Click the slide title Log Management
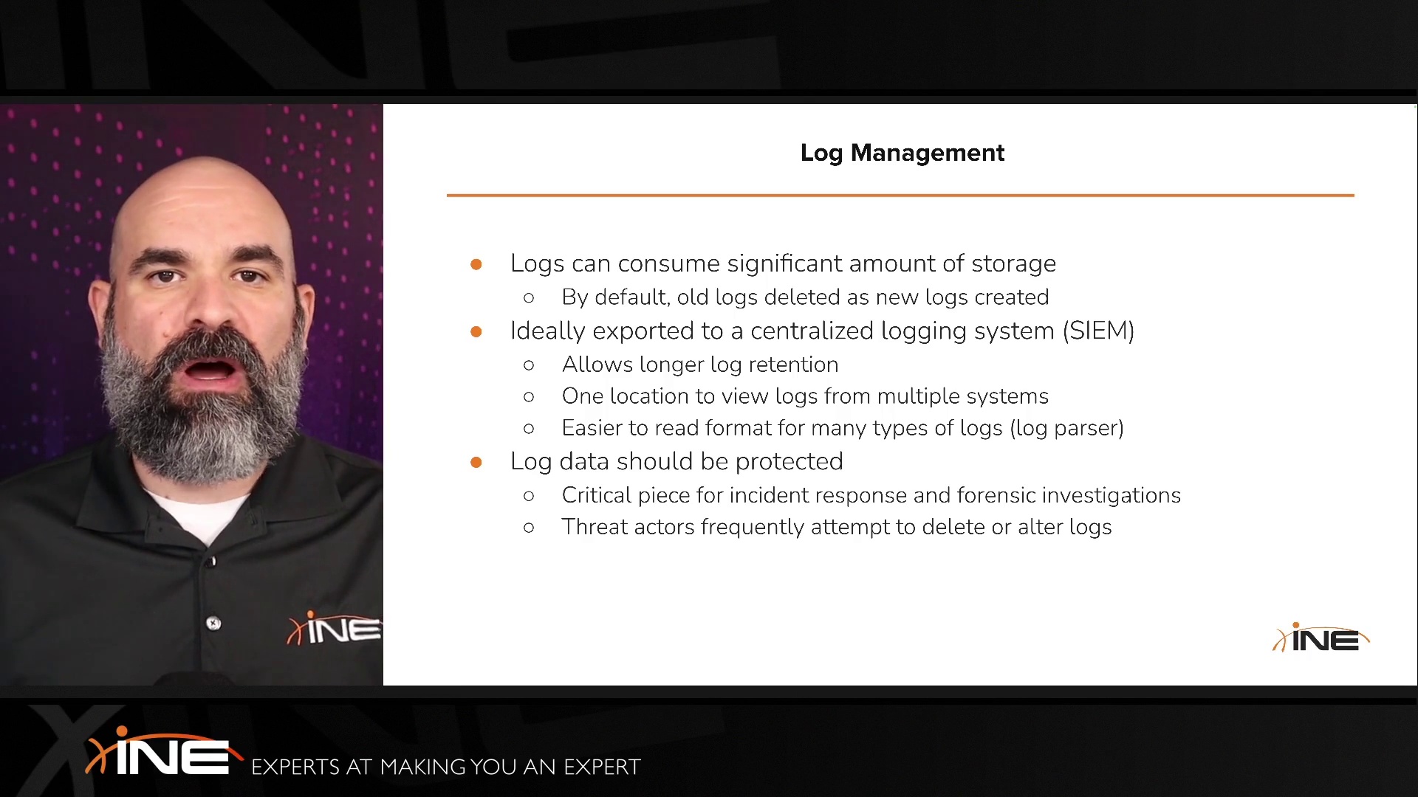[x=902, y=153]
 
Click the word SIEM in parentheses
[x=1098, y=331]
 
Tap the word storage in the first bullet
[x=1013, y=263]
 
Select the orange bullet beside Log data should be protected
[x=476, y=462]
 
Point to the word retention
[x=793, y=365]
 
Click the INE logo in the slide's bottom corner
[x=1321, y=638]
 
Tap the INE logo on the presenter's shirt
[x=335, y=629]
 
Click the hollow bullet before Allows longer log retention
[x=529, y=365]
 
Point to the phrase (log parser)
[x=1066, y=428]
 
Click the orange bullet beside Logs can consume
[x=476, y=264]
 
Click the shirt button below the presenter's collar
[x=213, y=624]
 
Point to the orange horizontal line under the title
[x=900, y=196]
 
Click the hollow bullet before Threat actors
[x=529, y=528]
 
